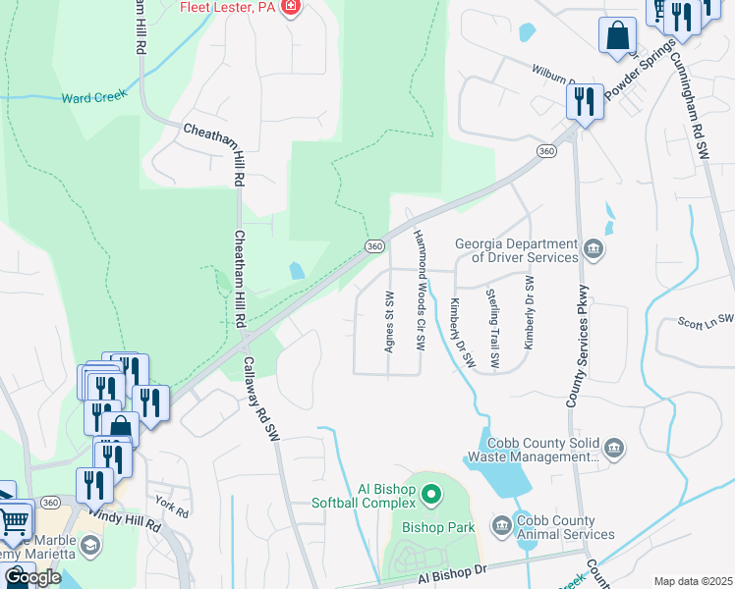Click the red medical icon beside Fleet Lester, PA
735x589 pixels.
(289, 8)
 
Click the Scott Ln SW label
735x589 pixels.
(706, 320)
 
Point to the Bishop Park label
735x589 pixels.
(438, 527)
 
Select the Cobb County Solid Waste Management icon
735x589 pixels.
(614, 449)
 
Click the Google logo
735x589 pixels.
(31, 577)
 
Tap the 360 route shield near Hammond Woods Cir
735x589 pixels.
(373, 246)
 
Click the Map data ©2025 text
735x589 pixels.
(692, 581)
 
